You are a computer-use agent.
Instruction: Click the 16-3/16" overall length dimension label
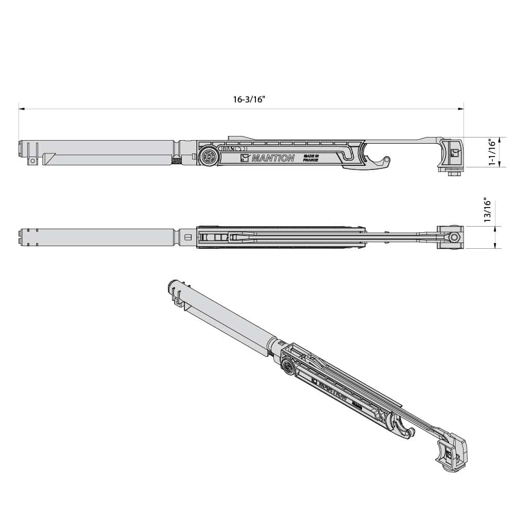[248, 100]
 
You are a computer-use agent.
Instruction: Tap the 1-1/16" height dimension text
[492, 152]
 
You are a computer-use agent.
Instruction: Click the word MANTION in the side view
[272, 159]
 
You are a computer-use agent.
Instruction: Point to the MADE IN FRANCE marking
[311, 158]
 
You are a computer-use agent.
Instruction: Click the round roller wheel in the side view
[209, 157]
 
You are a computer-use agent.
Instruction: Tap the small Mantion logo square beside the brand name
[245, 158]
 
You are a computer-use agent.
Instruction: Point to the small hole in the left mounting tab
[33, 161]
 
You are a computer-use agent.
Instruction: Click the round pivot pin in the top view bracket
[453, 237]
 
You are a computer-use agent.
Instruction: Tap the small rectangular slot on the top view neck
[187, 237]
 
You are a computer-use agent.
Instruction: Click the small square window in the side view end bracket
[454, 152]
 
